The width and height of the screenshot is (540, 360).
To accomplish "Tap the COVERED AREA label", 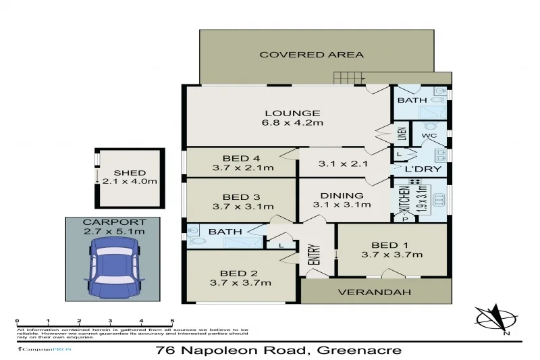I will (x=312, y=55).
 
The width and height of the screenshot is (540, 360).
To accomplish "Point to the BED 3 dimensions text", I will (x=242, y=207).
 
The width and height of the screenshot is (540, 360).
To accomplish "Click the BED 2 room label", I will (x=242, y=273).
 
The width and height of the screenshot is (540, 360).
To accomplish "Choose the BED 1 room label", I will (x=393, y=245).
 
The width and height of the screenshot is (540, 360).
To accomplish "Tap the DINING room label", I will (x=342, y=196).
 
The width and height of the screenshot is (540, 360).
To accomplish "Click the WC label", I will (x=430, y=136).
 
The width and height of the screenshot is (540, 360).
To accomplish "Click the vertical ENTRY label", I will (x=313, y=254).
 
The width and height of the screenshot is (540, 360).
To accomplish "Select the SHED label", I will (x=129, y=173).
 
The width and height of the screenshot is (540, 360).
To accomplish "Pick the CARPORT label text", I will (x=113, y=222).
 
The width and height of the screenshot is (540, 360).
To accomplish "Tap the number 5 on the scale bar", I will (x=172, y=322).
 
